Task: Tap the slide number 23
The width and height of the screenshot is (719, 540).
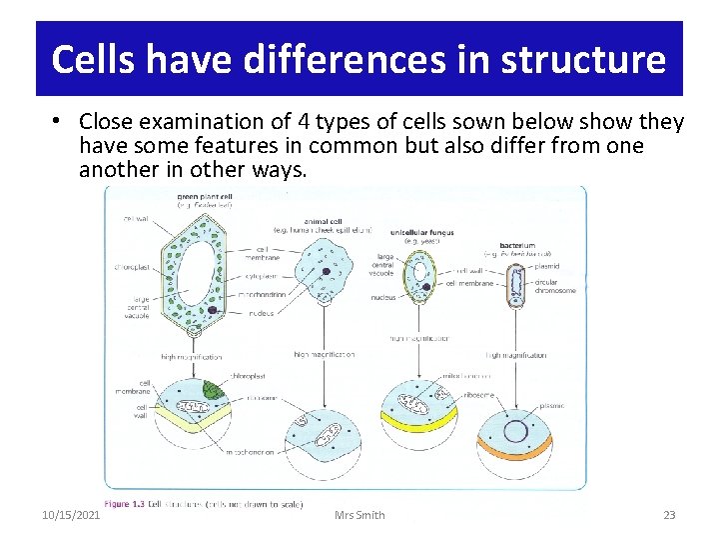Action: [x=669, y=515]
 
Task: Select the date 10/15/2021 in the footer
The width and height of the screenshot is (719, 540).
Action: [x=71, y=515]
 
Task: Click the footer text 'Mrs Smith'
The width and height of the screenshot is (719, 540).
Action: [x=360, y=515]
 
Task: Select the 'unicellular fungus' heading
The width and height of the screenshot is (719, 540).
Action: [x=421, y=232]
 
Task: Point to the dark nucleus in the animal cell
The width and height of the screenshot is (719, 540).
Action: [x=327, y=271]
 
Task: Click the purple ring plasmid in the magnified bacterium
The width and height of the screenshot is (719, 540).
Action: [x=516, y=432]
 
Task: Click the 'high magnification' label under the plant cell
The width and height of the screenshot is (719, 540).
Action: [x=192, y=356]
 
